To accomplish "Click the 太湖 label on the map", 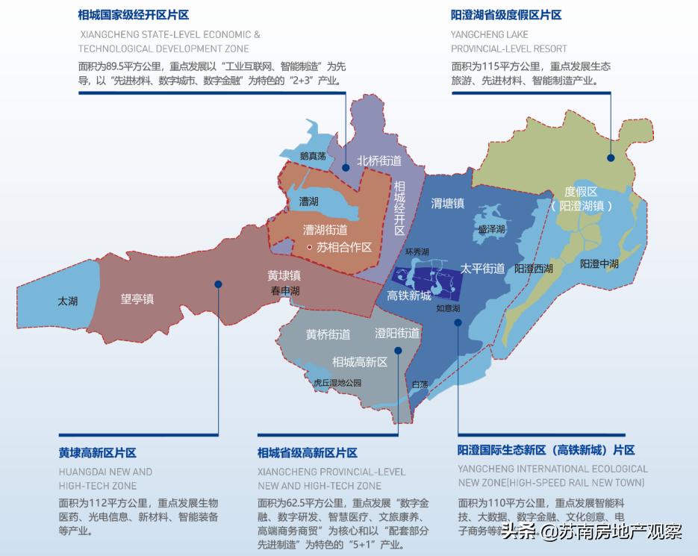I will coord(67,302).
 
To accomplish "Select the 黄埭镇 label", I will coord(284,275).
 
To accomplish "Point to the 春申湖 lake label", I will coord(285,290).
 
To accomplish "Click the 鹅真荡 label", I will coord(313,157).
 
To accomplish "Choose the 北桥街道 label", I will coord(378,160).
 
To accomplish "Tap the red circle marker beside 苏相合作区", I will coord(310,247).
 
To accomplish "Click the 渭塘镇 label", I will coord(448,203).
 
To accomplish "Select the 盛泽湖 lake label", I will coord(492,229).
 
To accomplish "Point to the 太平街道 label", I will coord(482,268).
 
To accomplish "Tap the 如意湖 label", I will coord(448,308).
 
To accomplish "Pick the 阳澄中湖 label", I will coord(599,263).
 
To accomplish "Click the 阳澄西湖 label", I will coord(534,268).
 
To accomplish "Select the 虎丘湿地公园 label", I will coord(337,383).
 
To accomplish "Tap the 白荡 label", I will coord(420,384).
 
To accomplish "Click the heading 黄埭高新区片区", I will coord(97,453).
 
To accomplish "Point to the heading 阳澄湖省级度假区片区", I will coord(505,15).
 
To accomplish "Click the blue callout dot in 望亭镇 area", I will coord(219,284).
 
